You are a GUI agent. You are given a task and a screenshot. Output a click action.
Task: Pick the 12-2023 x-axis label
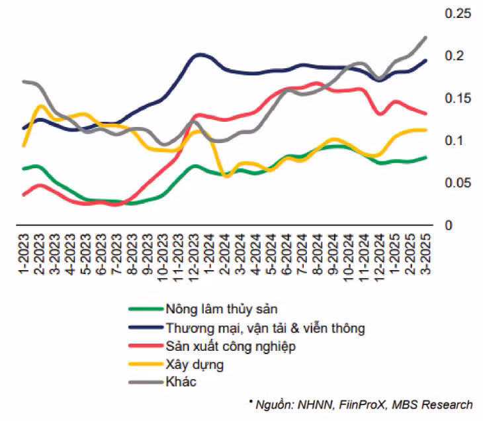[196, 252]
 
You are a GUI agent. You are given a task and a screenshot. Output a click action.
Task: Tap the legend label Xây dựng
[195, 364]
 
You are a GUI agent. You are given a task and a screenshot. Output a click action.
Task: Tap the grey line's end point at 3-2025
[425, 38]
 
